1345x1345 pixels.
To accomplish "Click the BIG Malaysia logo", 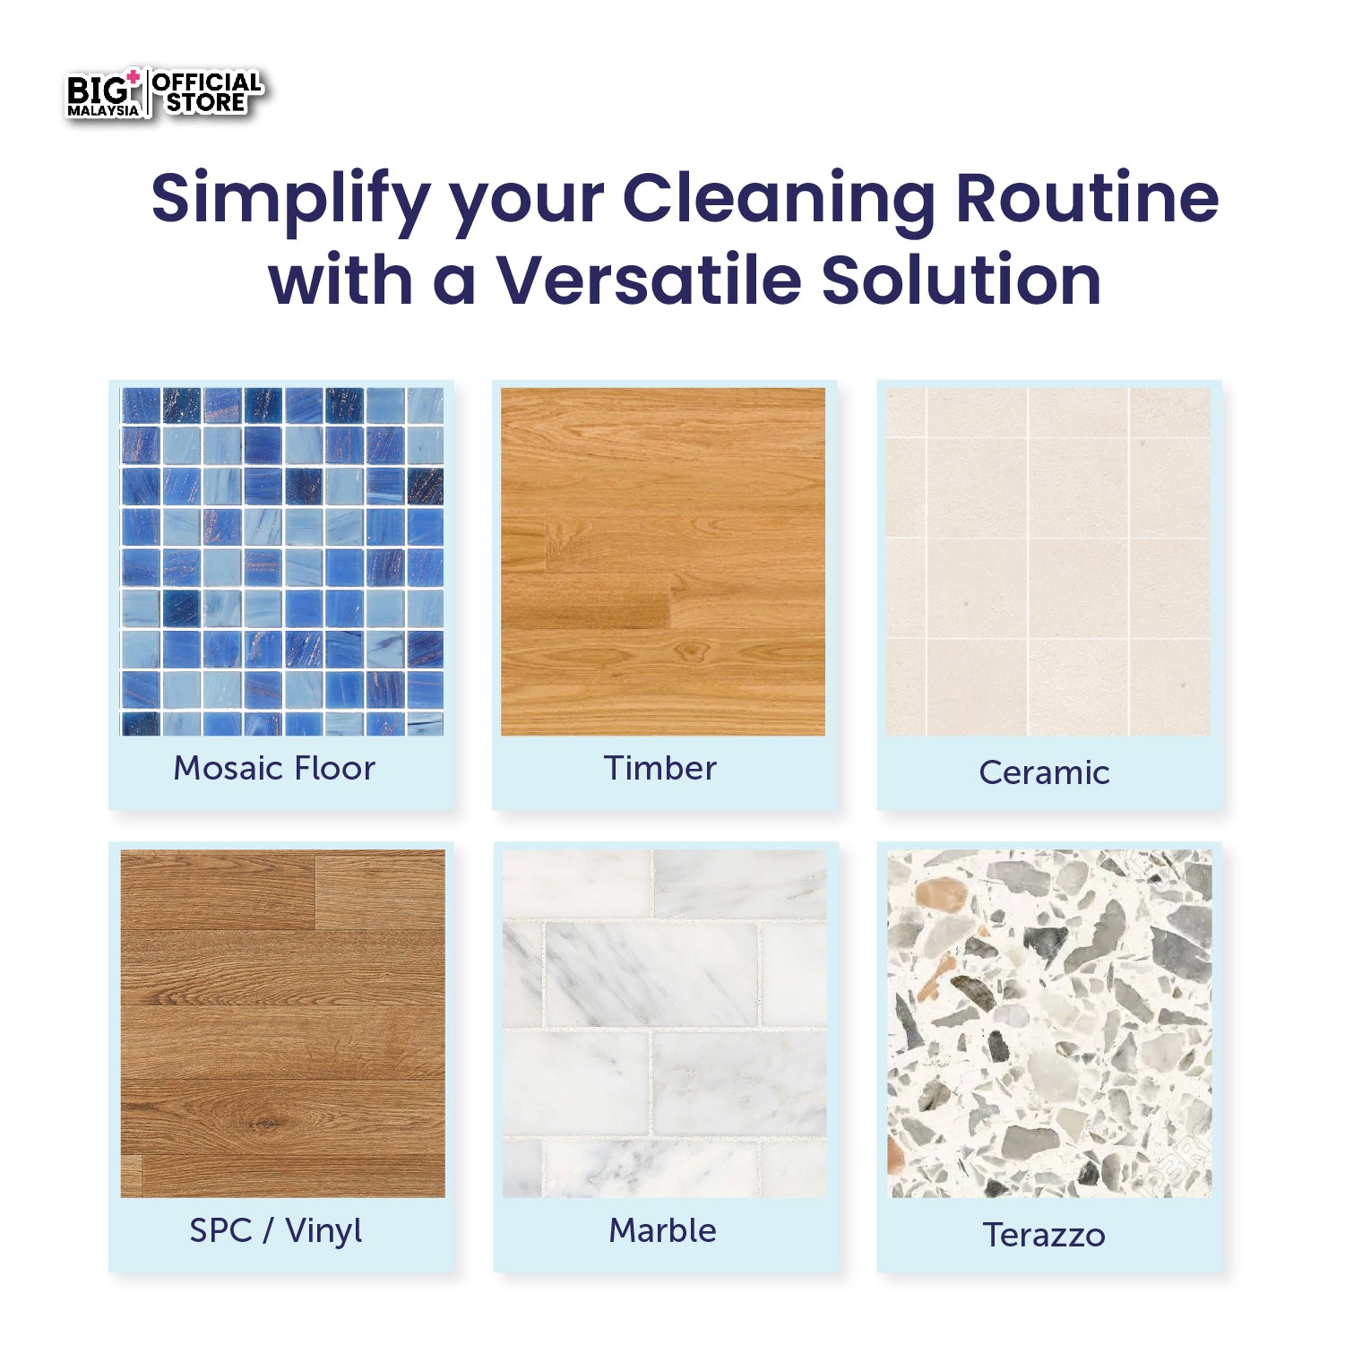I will [104, 95].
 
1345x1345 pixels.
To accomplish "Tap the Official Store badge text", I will [206, 93].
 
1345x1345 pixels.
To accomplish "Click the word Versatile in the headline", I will [648, 280].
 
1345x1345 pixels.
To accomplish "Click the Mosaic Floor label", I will [274, 769].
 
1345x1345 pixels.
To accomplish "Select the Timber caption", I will [660, 769].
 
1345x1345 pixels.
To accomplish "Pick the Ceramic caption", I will [1044, 772].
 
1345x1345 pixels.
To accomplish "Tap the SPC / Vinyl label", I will [276, 1230].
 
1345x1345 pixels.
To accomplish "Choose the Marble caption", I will [663, 1230].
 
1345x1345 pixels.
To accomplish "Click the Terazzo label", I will [1044, 1235].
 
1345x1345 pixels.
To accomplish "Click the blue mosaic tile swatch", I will [282, 562].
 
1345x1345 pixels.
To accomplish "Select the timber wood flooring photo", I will [663, 562].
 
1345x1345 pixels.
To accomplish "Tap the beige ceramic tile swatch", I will [1048, 562].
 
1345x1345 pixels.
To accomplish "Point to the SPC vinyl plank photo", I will [282, 1023].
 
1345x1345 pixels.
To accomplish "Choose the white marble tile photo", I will [664, 1023].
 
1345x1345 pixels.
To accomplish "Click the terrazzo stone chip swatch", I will [1049, 1023].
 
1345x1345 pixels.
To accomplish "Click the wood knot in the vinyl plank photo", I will [263, 1123].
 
